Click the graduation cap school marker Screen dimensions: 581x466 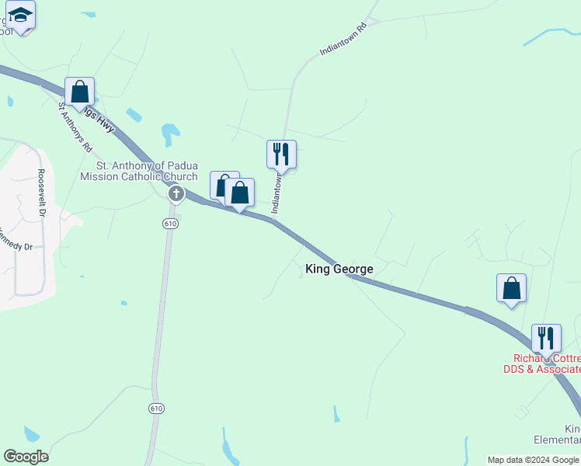point(20,16)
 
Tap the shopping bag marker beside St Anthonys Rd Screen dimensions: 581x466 point(80,92)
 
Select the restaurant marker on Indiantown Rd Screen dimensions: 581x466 point(281,155)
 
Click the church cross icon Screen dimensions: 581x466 point(176,193)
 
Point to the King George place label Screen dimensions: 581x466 point(339,270)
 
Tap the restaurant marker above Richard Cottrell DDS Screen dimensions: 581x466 point(545,339)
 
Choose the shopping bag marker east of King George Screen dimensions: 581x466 point(511,288)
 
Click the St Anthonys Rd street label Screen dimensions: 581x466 point(75,127)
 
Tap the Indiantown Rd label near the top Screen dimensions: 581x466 point(342,40)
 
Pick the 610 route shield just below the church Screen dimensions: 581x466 point(171,224)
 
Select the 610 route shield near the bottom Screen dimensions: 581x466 point(157,409)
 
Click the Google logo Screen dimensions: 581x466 point(26,457)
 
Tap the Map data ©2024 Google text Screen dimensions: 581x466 point(533,460)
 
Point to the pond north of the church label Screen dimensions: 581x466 point(168,134)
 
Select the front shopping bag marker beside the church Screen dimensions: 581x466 point(240,193)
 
